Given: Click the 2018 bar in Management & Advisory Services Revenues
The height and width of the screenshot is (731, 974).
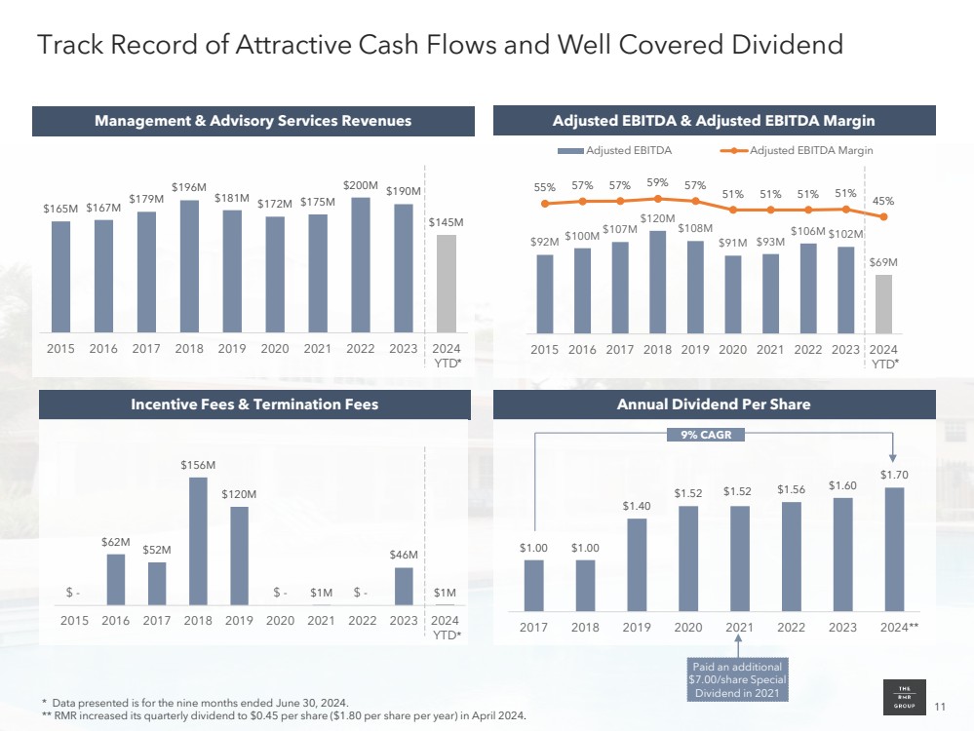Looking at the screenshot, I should point(189,265).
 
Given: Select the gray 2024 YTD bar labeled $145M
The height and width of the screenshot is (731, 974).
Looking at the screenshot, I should point(446,283).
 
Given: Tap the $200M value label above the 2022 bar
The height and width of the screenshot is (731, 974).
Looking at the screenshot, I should point(360,183).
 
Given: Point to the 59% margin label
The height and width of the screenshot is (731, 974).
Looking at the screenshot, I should point(657,181).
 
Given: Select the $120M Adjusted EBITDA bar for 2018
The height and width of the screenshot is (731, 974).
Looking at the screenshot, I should point(658,281).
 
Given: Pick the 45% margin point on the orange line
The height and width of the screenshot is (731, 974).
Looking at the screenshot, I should point(883,216).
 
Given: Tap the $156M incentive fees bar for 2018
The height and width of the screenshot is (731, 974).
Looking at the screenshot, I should point(198,541).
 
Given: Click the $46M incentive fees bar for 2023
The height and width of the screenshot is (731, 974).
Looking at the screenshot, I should point(404,586).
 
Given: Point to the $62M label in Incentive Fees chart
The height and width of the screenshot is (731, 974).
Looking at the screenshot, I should point(115,541).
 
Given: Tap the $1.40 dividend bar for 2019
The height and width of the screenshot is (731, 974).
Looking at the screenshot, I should point(637,561).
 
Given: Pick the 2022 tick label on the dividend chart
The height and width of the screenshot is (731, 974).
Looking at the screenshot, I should point(791,628).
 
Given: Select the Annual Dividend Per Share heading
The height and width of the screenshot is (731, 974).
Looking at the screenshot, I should point(715,404).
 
